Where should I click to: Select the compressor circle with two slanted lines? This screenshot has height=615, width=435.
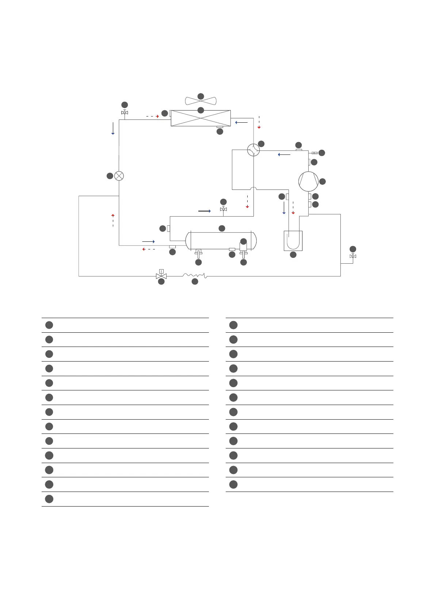[x=308, y=182]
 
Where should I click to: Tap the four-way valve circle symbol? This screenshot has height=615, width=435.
[x=253, y=150]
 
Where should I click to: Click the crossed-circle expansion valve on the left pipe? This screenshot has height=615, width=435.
[x=119, y=176]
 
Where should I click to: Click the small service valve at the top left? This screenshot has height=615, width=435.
[x=125, y=112]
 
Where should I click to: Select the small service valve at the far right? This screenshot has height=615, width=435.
[x=353, y=256]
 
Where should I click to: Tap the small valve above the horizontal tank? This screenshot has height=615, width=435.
[x=224, y=209]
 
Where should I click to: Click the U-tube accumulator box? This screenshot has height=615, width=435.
[x=293, y=241]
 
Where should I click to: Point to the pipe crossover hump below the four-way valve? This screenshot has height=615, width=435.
[x=253, y=189]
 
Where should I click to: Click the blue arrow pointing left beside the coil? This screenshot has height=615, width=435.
[x=241, y=122]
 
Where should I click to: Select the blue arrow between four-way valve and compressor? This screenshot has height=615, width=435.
[x=284, y=154]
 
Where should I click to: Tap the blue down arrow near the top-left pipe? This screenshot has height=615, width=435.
[x=113, y=129]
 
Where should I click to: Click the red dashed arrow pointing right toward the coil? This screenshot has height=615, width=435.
[x=153, y=116]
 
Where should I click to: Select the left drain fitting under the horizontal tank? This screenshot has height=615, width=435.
[x=198, y=253]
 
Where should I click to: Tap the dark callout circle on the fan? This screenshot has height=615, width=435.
[x=201, y=96]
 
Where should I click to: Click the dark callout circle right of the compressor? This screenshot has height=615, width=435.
[x=322, y=182]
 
